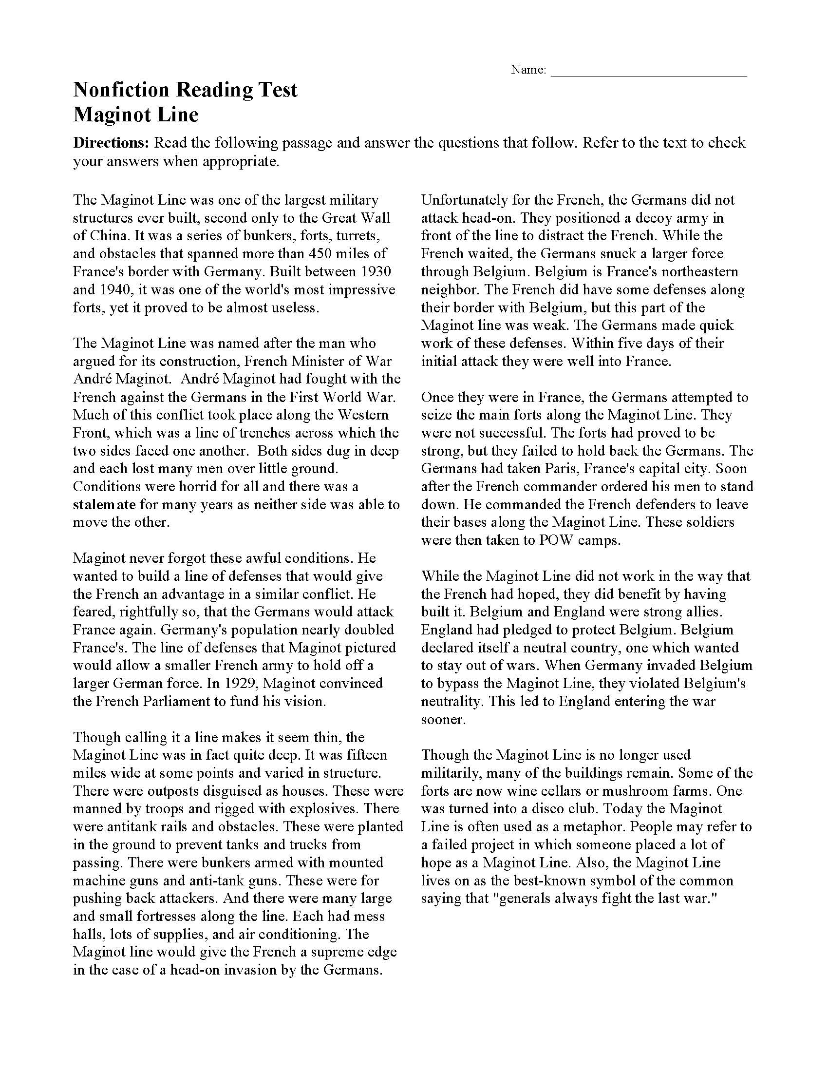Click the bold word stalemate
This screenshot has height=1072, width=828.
tap(104, 504)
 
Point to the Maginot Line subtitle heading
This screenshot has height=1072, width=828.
tap(136, 115)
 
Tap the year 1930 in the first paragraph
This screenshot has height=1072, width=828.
tap(374, 271)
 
